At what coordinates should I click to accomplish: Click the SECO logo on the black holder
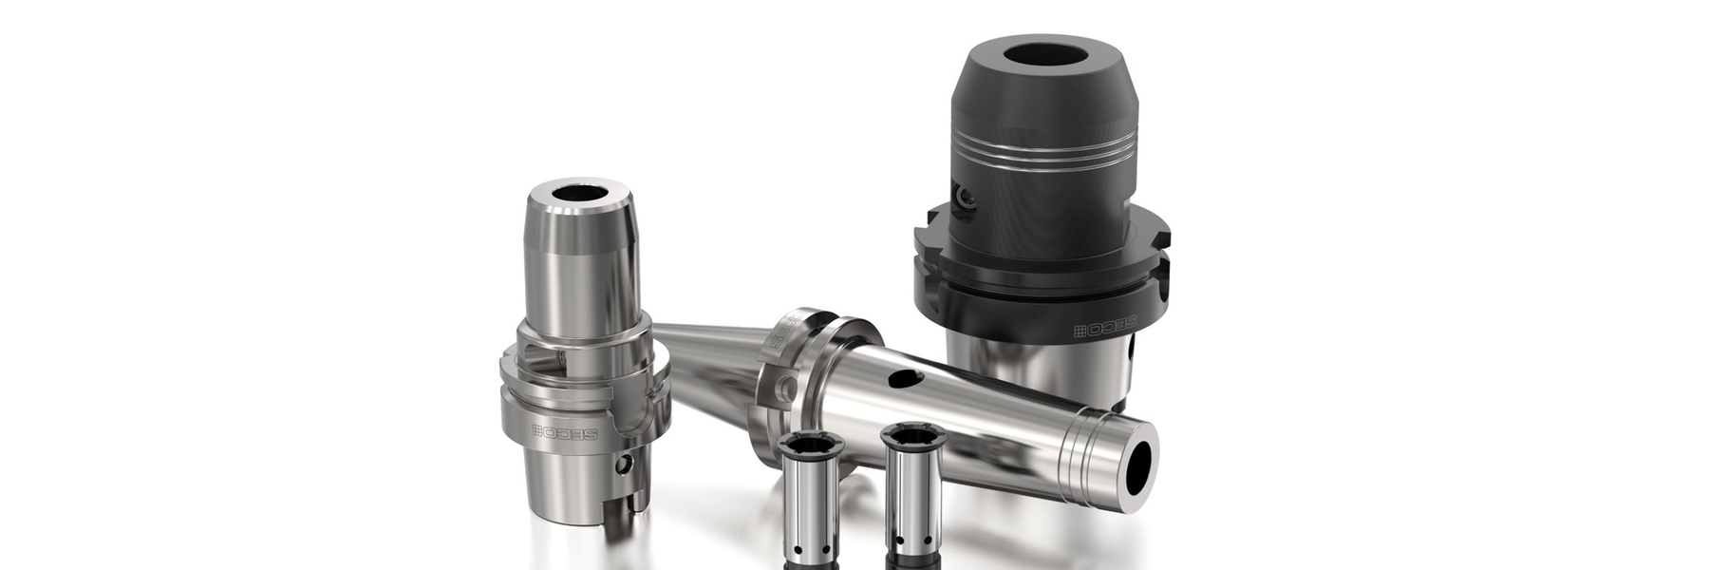coord(1104,330)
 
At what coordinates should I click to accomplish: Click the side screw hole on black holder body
coord(967,199)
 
